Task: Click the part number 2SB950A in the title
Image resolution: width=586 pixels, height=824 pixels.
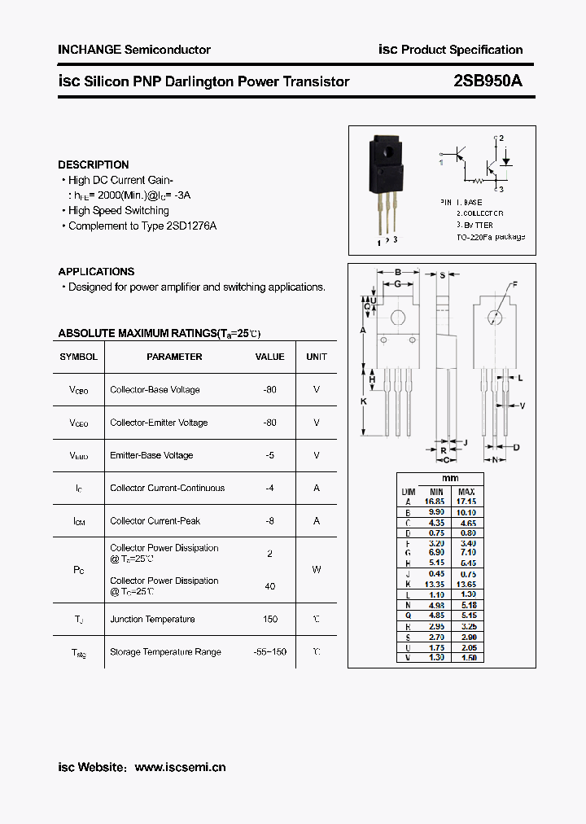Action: coord(488,81)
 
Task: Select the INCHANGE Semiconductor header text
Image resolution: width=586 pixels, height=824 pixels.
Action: coord(134,50)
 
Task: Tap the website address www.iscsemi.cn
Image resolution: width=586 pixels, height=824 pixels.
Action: coord(180,767)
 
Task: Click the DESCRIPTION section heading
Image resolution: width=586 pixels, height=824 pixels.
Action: coord(94,164)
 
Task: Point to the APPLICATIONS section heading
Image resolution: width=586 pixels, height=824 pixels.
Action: coord(96,271)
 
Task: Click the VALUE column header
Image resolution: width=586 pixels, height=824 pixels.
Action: coord(270,357)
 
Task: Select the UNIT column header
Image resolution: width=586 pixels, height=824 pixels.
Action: coord(317,357)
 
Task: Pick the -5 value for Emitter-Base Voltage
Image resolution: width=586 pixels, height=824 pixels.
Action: coord(270,455)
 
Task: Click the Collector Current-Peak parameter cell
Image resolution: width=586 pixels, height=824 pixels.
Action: coord(155,520)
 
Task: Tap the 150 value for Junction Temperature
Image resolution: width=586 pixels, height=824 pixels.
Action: coord(270,619)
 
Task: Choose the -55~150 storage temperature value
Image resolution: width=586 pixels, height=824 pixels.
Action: coord(269,651)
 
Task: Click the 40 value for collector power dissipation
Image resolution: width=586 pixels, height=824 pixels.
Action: coord(270,586)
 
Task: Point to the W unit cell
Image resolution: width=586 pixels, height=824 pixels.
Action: coord(317,570)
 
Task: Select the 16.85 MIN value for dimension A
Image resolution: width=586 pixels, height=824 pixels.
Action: coord(435,502)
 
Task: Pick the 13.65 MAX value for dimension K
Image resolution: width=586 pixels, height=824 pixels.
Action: coord(466,585)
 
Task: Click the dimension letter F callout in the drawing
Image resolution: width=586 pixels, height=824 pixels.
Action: coord(514,284)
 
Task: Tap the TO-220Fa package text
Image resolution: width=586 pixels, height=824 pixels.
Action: coord(491,237)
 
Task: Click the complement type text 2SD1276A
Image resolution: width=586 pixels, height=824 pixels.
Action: coord(190,226)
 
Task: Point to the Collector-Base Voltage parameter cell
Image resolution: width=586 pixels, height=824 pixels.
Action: coord(155,390)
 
